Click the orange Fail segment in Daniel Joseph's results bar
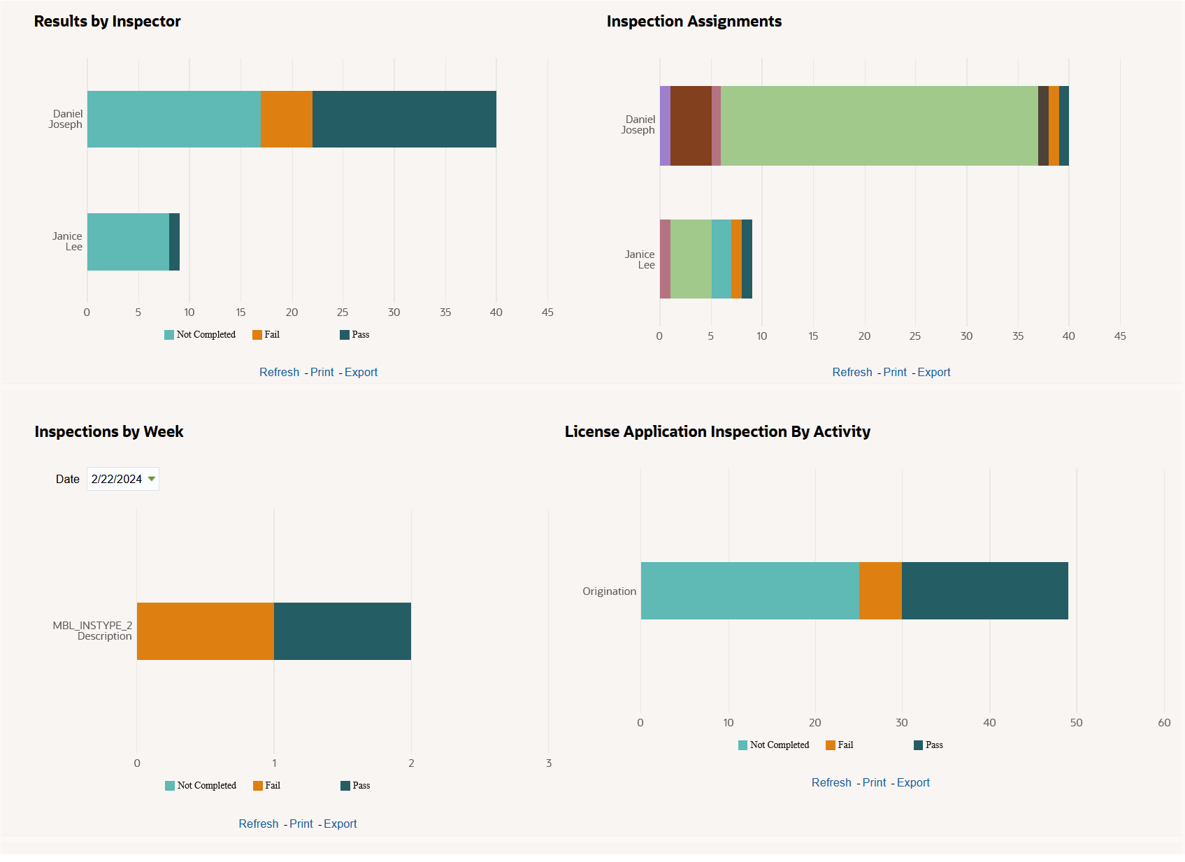tap(287, 119)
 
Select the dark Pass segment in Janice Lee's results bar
tap(175, 242)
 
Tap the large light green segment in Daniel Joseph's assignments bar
tap(879, 126)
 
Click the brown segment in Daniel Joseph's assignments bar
tap(691, 126)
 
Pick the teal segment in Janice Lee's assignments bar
tap(721, 259)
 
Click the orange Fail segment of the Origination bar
tap(880, 591)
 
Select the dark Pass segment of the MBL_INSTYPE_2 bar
tap(343, 631)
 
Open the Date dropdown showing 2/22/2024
tap(123, 479)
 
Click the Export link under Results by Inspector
tap(361, 372)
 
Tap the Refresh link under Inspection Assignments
tap(852, 372)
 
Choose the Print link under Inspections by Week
tap(301, 824)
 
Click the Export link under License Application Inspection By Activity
tap(913, 782)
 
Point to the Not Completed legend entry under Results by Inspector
tap(200, 335)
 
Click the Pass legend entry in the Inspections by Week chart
tap(355, 786)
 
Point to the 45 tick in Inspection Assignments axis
tap(1120, 336)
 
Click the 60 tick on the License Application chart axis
tap(1164, 723)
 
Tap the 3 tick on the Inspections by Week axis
tap(549, 763)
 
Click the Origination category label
tap(609, 591)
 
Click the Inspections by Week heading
tap(109, 431)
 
